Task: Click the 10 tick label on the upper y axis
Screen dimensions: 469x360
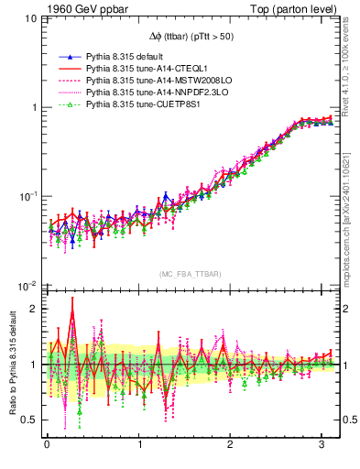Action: coord(28,18)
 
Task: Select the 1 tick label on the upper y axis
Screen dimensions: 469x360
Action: coord(32,107)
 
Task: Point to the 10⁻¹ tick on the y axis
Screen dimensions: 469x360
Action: coord(27,196)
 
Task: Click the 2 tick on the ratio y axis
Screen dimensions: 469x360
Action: coord(32,309)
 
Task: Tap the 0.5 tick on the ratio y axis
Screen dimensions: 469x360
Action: coord(27,420)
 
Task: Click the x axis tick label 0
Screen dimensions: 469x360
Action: coord(46,445)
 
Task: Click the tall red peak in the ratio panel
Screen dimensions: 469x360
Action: coord(71,313)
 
